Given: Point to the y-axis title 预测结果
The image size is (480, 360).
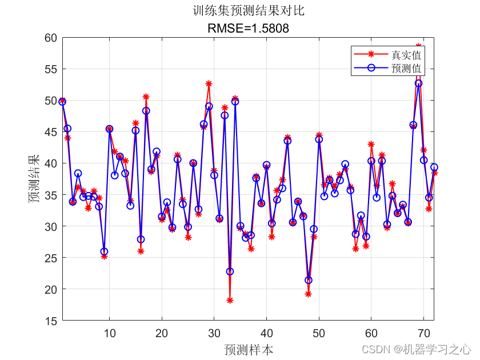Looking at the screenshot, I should [x=35, y=179].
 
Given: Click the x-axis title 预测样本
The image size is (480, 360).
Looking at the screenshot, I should [x=248, y=349].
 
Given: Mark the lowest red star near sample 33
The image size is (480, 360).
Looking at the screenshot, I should [x=230, y=301].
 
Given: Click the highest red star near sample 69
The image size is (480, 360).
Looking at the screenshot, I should [x=418, y=46].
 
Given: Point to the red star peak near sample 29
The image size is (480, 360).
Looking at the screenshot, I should [x=209, y=84].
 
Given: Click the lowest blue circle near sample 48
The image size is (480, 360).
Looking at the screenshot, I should [x=309, y=280].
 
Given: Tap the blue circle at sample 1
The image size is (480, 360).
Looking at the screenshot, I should [x=62, y=102].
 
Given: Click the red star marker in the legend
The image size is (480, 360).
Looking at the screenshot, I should [x=371, y=55].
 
